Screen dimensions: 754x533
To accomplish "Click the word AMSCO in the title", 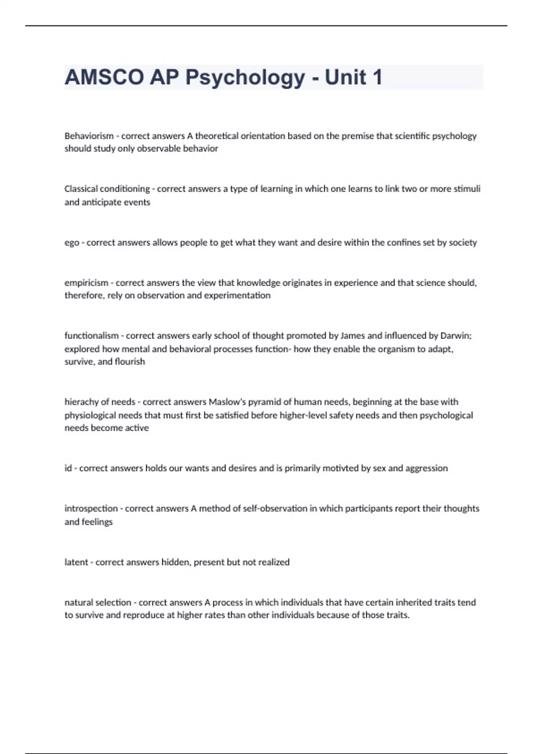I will click(104, 78).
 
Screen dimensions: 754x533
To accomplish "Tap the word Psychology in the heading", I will click(245, 78).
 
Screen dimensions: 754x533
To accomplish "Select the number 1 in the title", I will click(377, 78).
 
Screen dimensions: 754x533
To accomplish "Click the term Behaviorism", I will click(89, 136).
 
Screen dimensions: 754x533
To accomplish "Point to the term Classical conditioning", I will click(107, 189).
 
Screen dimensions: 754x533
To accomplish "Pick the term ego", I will click(72, 243).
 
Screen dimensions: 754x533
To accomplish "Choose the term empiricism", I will click(86, 283).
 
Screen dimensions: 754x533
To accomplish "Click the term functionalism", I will click(91, 336).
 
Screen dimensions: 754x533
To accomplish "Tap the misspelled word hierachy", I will click(80, 402).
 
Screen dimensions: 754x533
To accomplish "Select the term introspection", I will click(91, 508).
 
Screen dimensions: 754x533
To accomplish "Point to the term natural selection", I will click(98, 602).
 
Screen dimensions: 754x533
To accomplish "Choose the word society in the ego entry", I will click(462, 243).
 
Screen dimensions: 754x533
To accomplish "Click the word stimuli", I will click(467, 189).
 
